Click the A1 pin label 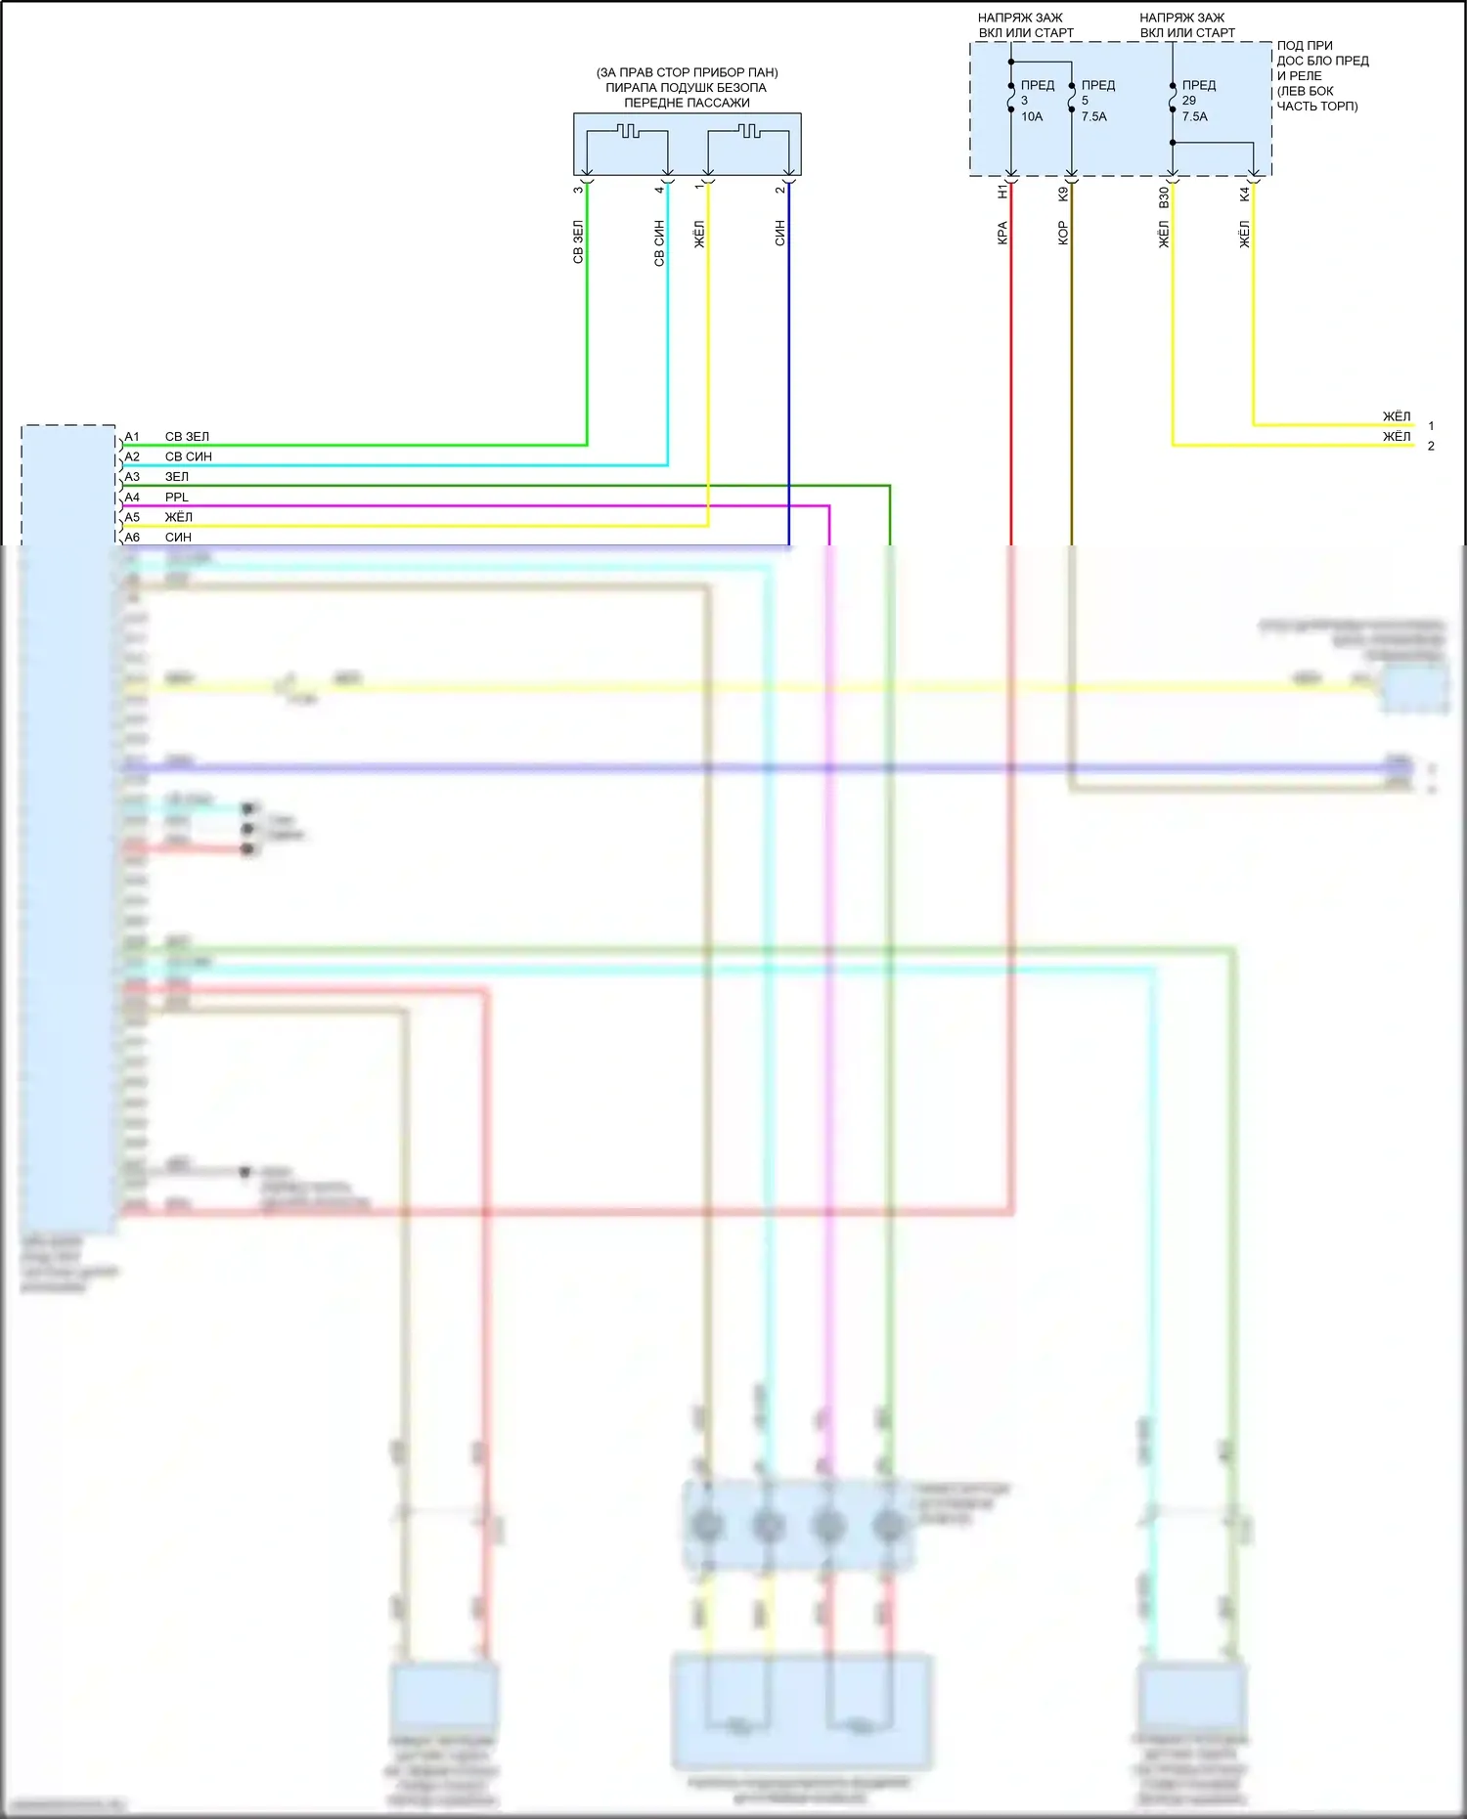(x=132, y=437)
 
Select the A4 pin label (x=132, y=498)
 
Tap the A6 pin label (x=132, y=538)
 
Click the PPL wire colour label (x=177, y=498)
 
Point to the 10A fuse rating (x=1032, y=116)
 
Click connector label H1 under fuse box (x=1002, y=193)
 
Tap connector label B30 (x=1164, y=197)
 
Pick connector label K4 (x=1245, y=195)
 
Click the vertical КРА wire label (x=1002, y=234)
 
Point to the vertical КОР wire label (x=1063, y=234)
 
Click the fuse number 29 (x=1189, y=101)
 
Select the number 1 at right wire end (x=1431, y=426)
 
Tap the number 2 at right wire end (x=1431, y=447)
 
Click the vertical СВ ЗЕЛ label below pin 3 (x=578, y=242)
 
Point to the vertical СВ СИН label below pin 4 (x=659, y=242)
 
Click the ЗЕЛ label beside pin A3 (x=177, y=477)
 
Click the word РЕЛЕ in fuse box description (x=1306, y=76)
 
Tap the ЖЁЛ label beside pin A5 (x=178, y=517)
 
